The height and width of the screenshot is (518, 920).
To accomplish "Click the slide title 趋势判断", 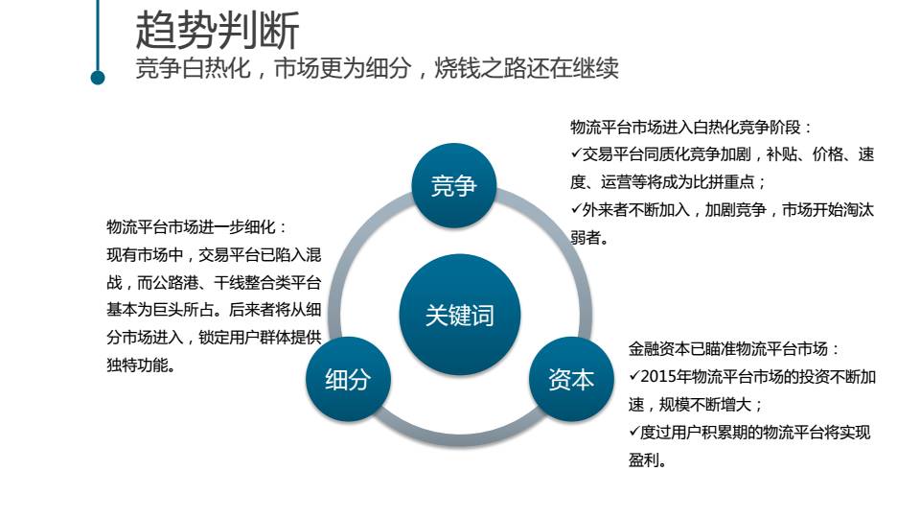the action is point(218,30).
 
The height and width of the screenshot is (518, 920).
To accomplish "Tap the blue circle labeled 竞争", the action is point(453,186).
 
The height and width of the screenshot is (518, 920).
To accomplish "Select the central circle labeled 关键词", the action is point(460,315).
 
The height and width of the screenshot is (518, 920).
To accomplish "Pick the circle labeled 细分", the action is point(347,379).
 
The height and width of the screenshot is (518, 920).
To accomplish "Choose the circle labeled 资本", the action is point(571,379).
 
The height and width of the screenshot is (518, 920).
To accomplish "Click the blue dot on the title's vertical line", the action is point(98,77).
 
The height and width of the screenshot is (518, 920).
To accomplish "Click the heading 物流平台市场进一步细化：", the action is point(197,227).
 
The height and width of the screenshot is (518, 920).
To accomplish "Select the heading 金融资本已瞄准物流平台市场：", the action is point(734,349).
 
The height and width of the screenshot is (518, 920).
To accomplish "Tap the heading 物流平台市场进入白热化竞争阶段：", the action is point(691,127).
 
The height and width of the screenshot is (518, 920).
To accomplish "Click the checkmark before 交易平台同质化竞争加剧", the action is point(576,153).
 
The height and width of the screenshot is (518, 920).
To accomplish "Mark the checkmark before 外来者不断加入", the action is point(576,209).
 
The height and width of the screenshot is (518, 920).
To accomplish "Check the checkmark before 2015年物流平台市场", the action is point(634,377).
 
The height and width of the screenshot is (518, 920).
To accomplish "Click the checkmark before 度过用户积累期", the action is point(634,433).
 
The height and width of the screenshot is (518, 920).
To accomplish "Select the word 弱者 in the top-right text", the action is point(587,237).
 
